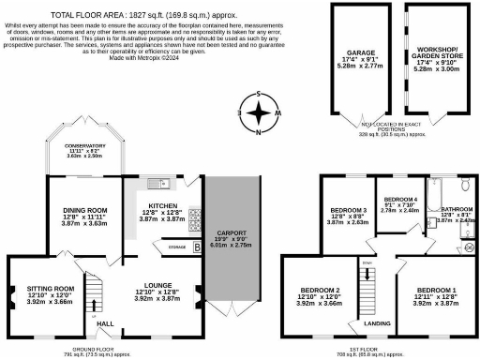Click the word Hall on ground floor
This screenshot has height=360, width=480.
(106, 322)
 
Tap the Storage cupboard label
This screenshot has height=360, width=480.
(175, 247)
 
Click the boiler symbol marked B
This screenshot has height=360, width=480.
(196, 247)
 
